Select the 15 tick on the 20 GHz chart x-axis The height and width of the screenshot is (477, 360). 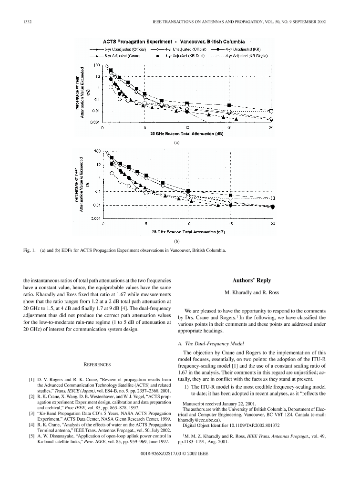[229, 128]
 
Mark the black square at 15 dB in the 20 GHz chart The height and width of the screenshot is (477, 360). [229, 105]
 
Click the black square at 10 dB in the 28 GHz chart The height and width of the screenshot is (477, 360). [188, 191]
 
